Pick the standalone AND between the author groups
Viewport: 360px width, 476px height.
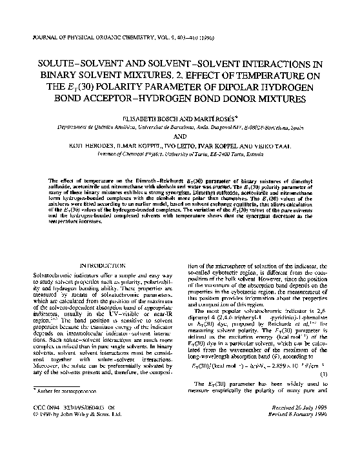pyautogui.click(x=181, y=137)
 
